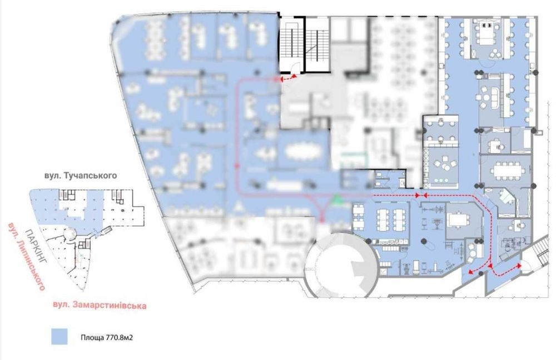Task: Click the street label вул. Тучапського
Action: (x=81, y=176)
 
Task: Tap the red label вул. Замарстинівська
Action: (x=100, y=305)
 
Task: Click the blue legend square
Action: (x=59, y=336)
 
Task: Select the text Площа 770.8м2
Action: (x=107, y=338)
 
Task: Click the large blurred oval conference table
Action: (x=302, y=151)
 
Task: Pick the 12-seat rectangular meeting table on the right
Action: (x=505, y=171)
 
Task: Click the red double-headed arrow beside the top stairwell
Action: (x=288, y=78)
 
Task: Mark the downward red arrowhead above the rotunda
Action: (x=321, y=218)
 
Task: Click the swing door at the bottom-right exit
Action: (x=526, y=267)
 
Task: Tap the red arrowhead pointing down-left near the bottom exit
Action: (x=471, y=272)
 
